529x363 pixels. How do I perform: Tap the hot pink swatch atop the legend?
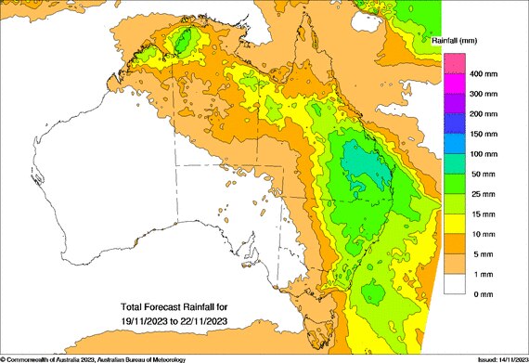[454, 62]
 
